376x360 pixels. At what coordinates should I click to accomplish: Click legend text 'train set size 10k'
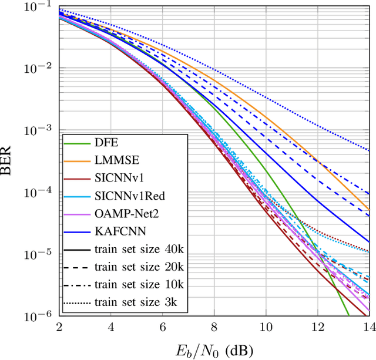pyautogui.click(x=139, y=284)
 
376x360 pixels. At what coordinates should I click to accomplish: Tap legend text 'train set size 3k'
pyautogui.click(x=136, y=302)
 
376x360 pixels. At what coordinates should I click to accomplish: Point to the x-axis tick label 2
pyautogui.click(x=59, y=326)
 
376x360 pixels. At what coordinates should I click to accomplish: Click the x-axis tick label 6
pyautogui.click(x=163, y=326)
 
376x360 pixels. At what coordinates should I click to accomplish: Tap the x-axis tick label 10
pyautogui.click(x=266, y=326)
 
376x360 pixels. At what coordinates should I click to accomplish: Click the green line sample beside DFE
pyautogui.click(x=77, y=142)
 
